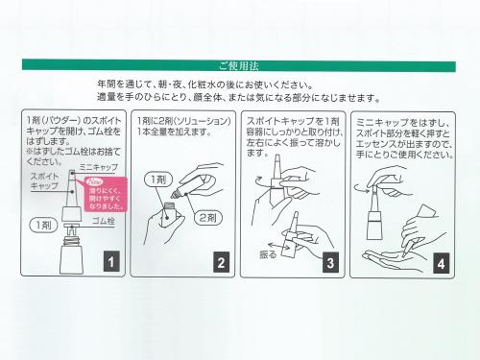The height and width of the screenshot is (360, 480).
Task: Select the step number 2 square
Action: coord(220,260)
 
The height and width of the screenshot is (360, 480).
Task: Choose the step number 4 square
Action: coord(440,260)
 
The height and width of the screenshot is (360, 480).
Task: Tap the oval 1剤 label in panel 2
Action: coord(158,180)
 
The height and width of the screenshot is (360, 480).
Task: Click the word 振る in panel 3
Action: coord(269,255)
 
